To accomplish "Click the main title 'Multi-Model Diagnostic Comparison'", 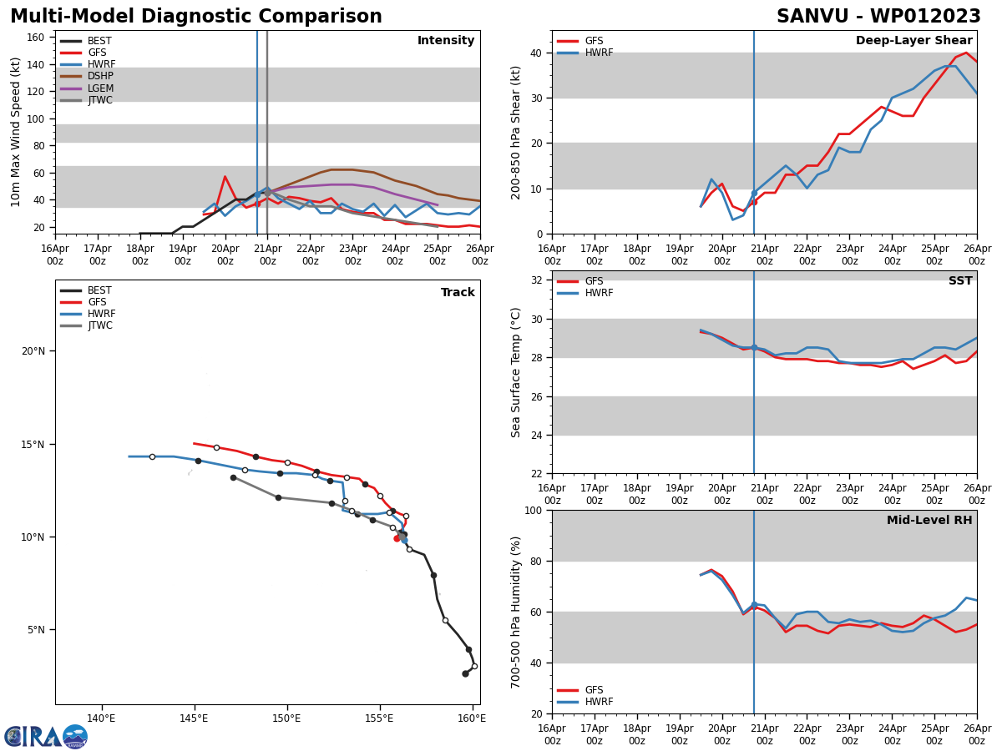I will click(x=196, y=17).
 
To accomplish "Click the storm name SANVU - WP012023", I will click(x=878, y=17).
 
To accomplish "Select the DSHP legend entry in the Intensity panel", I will click(x=99, y=77).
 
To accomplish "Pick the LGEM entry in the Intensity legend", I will click(x=100, y=88).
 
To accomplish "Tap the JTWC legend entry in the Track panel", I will click(x=99, y=326).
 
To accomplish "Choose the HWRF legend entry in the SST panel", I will click(x=599, y=294).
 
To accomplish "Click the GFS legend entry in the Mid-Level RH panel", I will click(x=594, y=690).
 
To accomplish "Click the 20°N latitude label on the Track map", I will click(x=33, y=351).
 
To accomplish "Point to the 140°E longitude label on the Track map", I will click(x=101, y=718).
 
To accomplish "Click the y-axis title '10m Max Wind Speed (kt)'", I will click(x=17, y=132).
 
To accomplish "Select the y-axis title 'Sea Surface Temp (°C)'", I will click(x=516, y=372).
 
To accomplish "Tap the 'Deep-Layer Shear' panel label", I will click(x=913, y=41).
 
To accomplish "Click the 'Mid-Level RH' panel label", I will click(x=929, y=521).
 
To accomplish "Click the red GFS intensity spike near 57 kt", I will click(x=225, y=177).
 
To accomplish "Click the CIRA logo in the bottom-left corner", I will click(x=46, y=736).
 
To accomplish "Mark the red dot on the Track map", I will click(x=397, y=538).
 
